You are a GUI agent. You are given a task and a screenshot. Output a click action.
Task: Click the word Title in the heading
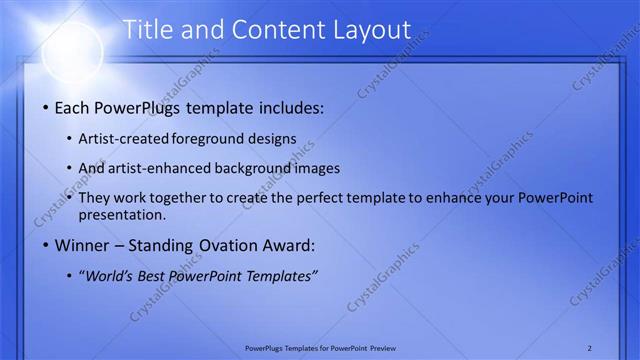(148, 31)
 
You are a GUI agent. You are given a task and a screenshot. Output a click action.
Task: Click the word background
(259, 168)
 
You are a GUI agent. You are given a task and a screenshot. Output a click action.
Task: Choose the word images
(319, 168)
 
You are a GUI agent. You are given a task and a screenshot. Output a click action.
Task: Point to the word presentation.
(128, 215)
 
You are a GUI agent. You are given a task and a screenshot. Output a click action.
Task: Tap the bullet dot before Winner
(44, 245)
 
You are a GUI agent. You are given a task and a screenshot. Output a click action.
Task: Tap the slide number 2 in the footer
(589, 347)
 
